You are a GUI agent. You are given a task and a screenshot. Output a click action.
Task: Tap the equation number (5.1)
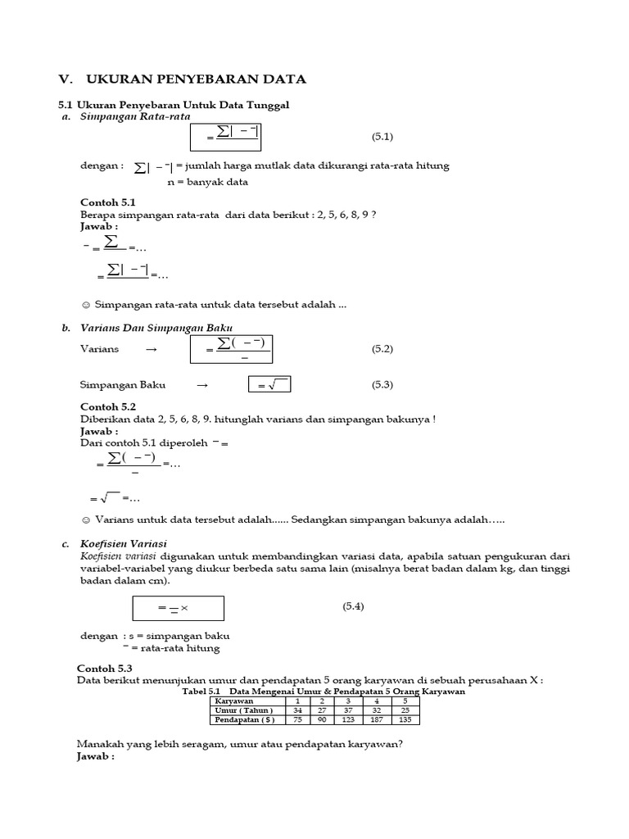(382, 136)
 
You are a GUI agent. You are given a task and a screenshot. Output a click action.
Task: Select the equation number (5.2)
(382, 349)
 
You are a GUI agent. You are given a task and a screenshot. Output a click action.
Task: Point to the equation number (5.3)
(382, 384)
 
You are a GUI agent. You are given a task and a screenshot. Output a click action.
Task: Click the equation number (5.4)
(353, 606)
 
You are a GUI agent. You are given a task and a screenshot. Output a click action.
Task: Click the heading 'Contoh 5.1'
(107, 202)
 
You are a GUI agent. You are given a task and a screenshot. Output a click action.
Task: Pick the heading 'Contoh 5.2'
(107, 407)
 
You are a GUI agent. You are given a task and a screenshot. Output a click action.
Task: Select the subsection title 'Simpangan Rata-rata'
(135, 116)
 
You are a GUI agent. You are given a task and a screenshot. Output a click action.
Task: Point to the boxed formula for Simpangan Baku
(269, 384)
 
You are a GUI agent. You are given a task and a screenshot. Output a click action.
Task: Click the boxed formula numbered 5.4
(178, 607)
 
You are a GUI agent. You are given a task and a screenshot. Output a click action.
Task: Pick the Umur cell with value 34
(297, 710)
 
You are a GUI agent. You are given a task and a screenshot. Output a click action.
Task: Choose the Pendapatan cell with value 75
(297, 720)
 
